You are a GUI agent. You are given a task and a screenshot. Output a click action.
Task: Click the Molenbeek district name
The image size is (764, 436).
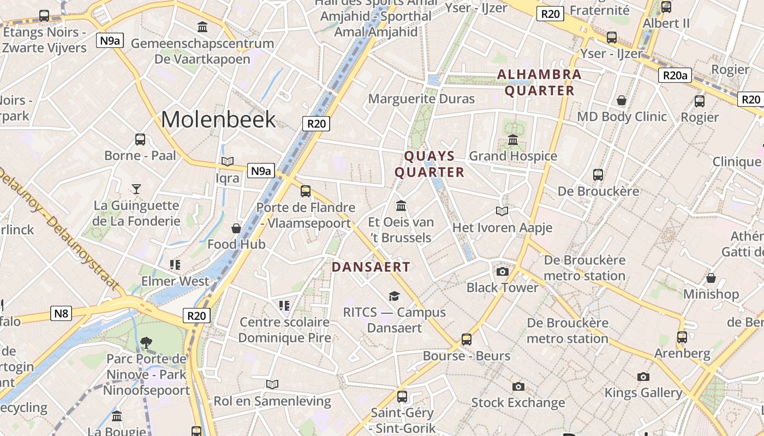(x=218, y=119)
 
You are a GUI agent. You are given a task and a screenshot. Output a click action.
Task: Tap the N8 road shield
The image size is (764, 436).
(x=62, y=313)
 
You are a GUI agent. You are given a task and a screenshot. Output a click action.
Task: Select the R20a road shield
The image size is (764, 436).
(x=675, y=75)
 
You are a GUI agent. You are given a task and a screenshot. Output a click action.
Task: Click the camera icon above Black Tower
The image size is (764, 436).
(x=502, y=271)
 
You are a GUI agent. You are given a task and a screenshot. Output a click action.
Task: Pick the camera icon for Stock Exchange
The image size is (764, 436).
(x=518, y=387)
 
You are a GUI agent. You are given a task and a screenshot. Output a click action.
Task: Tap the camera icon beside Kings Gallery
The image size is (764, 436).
(x=643, y=377)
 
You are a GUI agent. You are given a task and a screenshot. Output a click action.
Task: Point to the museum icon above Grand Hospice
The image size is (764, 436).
(x=513, y=140)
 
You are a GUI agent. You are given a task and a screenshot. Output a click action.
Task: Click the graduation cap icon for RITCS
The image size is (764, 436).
(x=394, y=296)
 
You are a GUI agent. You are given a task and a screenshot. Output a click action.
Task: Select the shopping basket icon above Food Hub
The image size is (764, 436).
(x=236, y=228)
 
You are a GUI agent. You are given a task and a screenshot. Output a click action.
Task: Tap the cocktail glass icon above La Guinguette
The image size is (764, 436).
(x=136, y=189)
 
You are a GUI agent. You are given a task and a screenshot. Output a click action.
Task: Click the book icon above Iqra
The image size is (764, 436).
(x=228, y=162)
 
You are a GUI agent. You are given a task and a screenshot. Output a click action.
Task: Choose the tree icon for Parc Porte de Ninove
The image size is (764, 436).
(x=146, y=343)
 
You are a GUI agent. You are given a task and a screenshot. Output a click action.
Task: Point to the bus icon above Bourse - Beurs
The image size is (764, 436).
(x=467, y=340)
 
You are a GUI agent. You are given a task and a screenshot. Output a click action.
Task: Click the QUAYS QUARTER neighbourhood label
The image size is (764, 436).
(x=429, y=164)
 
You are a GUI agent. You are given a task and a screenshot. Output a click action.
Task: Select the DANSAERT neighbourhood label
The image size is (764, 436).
(x=371, y=267)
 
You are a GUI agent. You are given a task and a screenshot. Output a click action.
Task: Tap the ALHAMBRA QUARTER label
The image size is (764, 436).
(x=539, y=82)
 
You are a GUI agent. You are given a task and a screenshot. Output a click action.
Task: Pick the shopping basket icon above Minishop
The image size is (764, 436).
(x=711, y=278)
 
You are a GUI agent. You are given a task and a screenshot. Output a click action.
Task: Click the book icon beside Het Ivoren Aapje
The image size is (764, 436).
(x=502, y=211)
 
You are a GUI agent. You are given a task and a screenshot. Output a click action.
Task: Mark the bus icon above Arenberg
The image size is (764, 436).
(x=682, y=337)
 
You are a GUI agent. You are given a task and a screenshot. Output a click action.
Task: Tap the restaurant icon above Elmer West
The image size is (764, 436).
(x=175, y=265)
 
